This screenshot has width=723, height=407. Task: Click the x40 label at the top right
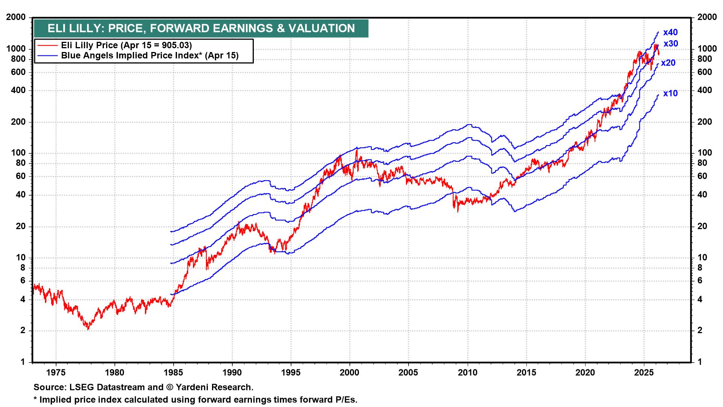tap(670, 32)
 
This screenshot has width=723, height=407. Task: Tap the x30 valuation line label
tap(670, 44)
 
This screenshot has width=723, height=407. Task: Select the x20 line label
tap(668, 63)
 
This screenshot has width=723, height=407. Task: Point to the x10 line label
tap(670, 93)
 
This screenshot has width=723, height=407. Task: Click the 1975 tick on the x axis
tap(56, 373)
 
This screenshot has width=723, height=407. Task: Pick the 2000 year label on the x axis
tap(350, 373)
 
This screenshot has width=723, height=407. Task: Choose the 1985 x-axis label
tap(173, 373)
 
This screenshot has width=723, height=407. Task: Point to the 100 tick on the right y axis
tap(705, 153)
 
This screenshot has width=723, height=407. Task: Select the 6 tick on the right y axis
tap(700, 281)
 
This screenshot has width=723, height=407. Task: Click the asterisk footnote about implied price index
tap(195, 399)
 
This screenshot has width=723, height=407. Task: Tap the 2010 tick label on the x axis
tap(468, 373)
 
